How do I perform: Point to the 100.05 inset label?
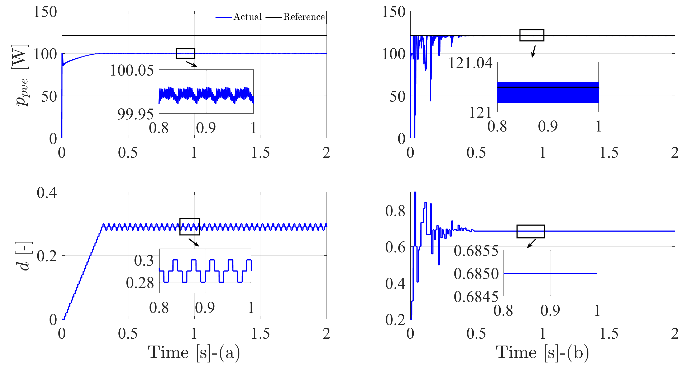(x=132, y=71)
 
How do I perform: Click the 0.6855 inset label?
(x=476, y=251)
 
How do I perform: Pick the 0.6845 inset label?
(x=476, y=297)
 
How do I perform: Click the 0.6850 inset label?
(x=476, y=274)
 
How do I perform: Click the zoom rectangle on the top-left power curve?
(x=185, y=53)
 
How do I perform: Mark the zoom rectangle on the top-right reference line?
(x=532, y=35)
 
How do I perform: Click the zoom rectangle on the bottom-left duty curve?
(x=190, y=227)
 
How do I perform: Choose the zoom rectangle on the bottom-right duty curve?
(x=530, y=231)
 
